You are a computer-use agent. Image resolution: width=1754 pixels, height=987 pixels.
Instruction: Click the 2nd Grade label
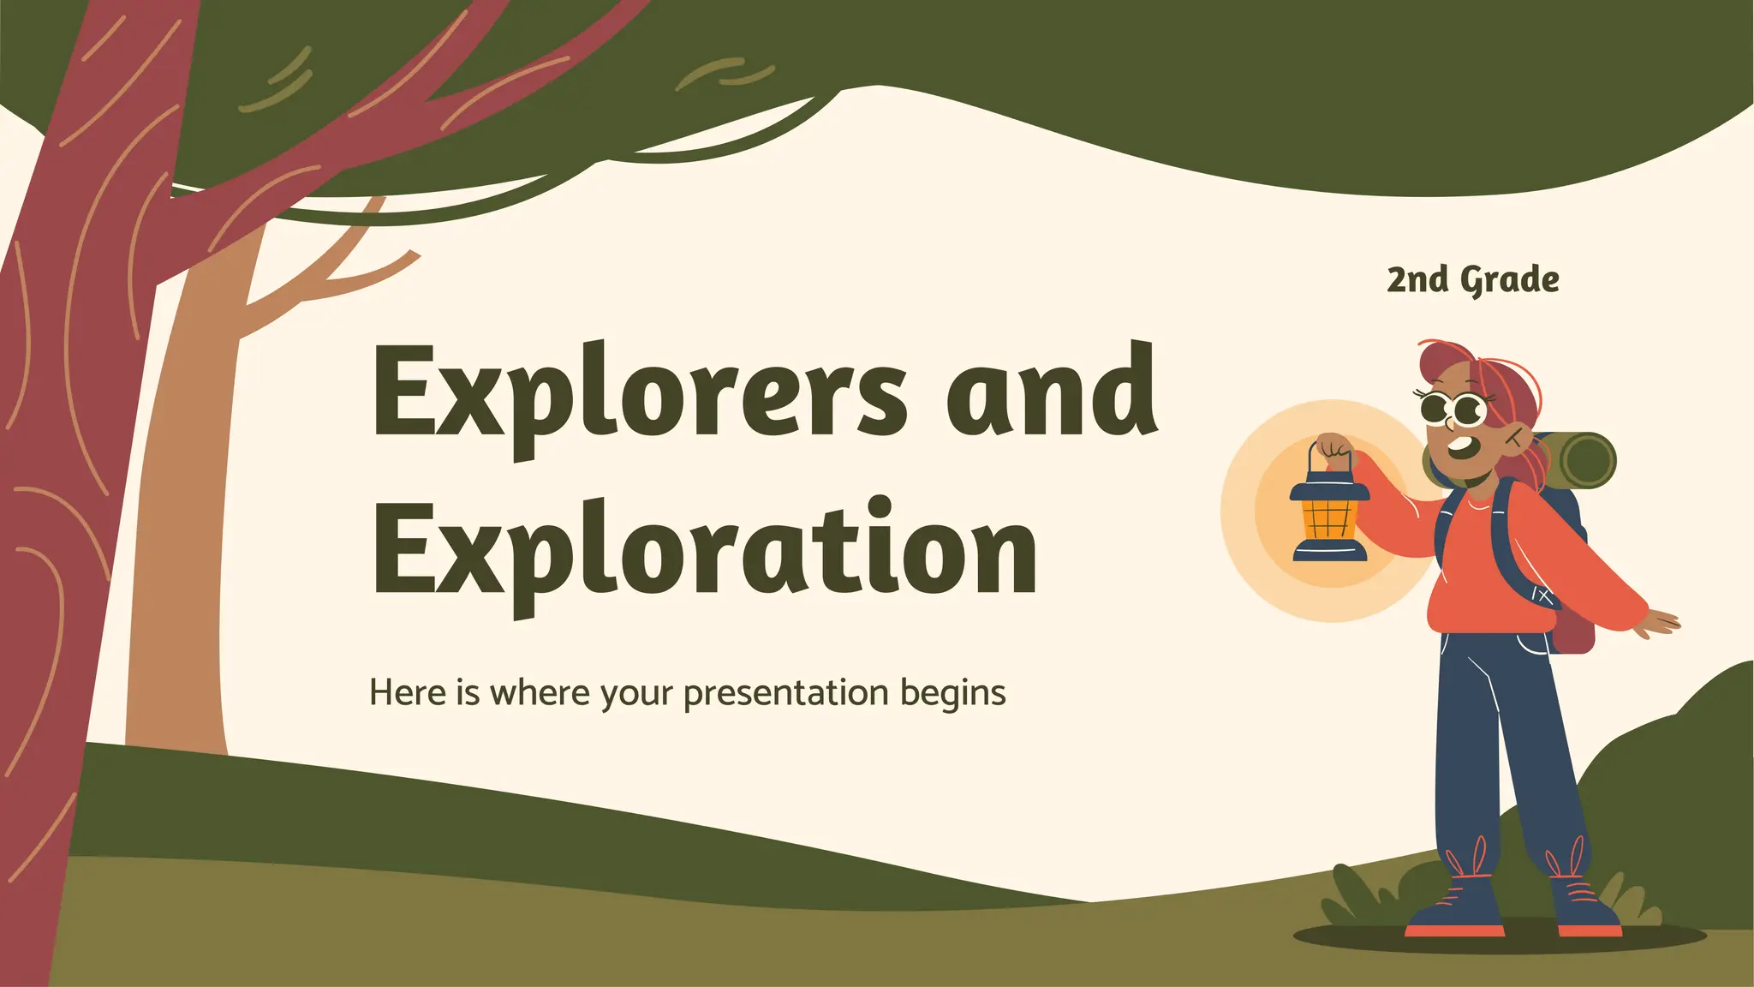point(1472,280)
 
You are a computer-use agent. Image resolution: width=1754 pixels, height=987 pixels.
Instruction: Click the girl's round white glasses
point(1454,409)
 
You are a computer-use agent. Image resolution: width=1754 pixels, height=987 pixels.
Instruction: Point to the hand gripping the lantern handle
point(1334,450)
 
